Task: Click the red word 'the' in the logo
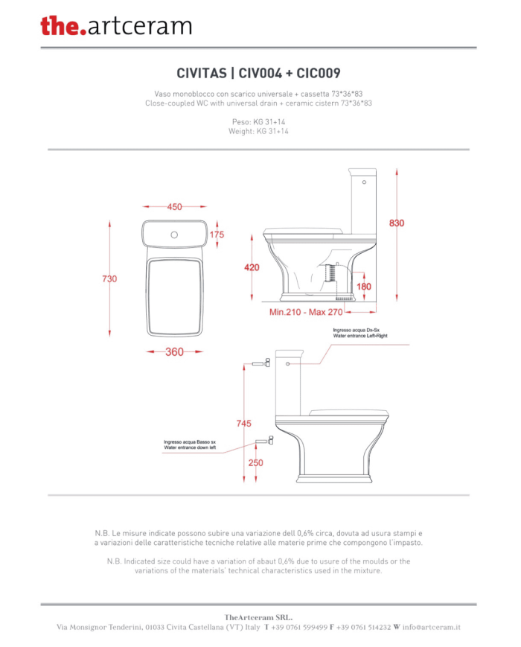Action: [60, 25]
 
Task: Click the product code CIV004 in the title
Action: [260, 74]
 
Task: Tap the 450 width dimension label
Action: [174, 207]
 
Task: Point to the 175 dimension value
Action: [217, 235]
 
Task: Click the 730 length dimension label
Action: [109, 279]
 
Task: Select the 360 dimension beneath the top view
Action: [174, 352]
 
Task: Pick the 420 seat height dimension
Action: [252, 267]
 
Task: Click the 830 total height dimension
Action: [397, 223]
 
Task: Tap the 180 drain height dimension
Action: [364, 287]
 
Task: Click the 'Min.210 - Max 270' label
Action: [306, 313]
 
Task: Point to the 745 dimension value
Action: [244, 424]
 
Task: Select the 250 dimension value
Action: [256, 463]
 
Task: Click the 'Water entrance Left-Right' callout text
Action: [360, 336]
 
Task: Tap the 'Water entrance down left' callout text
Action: [190, 447]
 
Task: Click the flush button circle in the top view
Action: [174, 235]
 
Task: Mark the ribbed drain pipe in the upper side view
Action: [329, 272]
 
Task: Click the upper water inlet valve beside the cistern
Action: [261, 363]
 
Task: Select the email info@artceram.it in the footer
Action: [432, 627]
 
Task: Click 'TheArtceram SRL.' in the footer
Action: [259, 618]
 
